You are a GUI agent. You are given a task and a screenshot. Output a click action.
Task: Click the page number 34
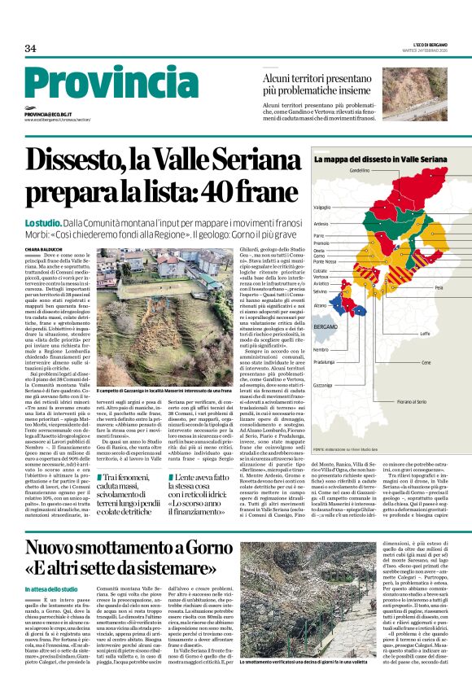(x=30, y=49)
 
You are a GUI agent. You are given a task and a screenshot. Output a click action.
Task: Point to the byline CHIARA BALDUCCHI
(x=44, y=225)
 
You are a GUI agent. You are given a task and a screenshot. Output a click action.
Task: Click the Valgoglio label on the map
(x=322, y=207)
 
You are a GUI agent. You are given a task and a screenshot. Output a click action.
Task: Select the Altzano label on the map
(x=320, y=305)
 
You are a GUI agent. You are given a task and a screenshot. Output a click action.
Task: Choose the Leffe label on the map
(x=425, y=333)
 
